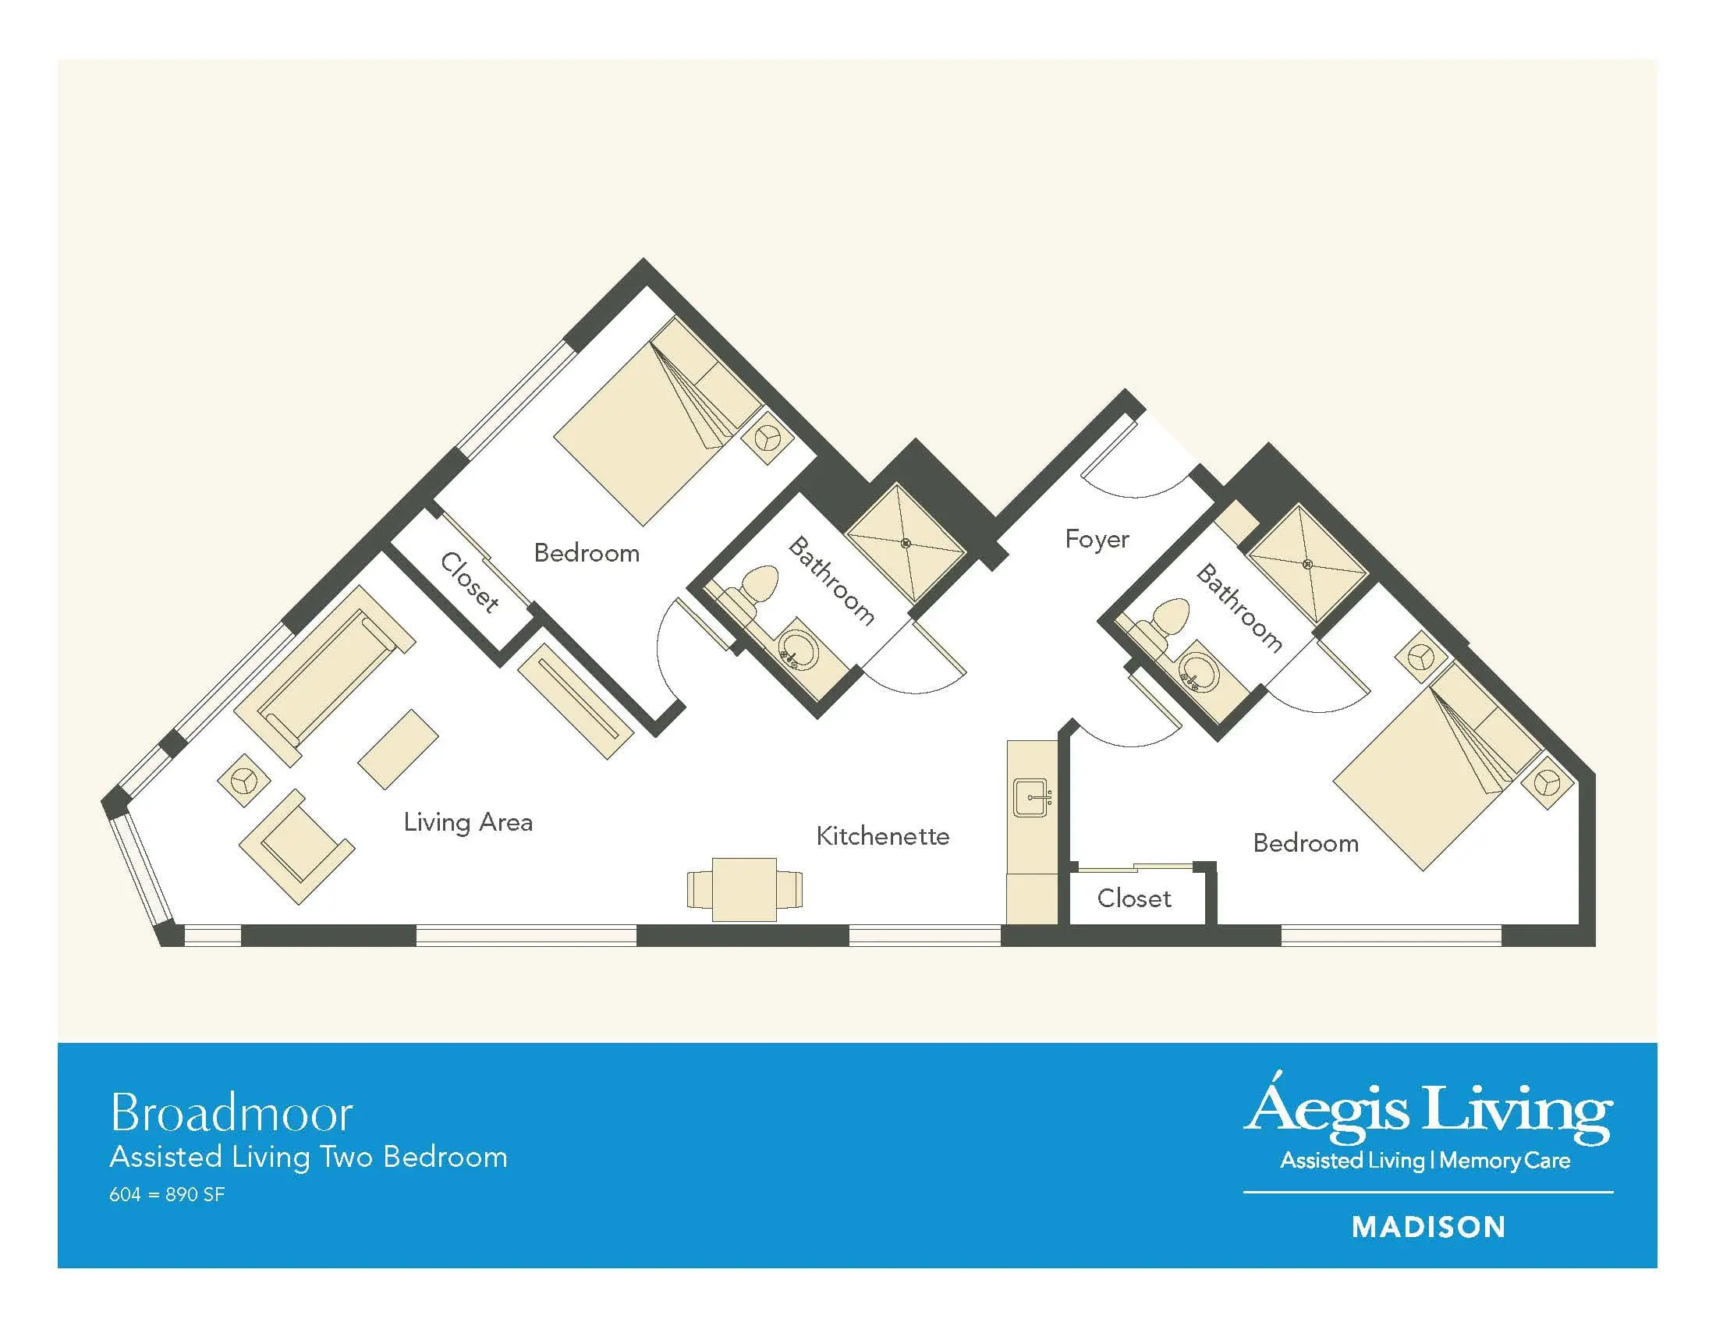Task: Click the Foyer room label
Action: point(1097,540)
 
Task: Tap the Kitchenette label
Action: point(882,836)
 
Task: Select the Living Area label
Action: point(468,822)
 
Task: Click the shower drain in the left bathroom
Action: point(906,543)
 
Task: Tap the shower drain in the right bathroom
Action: point(1308,564)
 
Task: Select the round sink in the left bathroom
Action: point(797,651)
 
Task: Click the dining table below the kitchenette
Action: point(744,889)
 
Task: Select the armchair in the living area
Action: point(297,846)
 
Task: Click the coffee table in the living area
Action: point(399,750)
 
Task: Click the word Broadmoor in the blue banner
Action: point(232,1113)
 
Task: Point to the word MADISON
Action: point(1428,1227)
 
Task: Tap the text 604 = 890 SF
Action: point(168,1195)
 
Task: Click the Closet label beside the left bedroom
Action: point(469,582)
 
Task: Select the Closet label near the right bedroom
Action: point(1134,898)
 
